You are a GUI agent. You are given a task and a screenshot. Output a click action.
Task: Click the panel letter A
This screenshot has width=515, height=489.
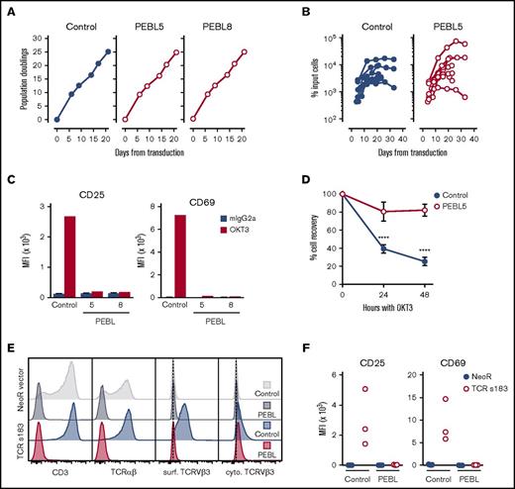7,8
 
